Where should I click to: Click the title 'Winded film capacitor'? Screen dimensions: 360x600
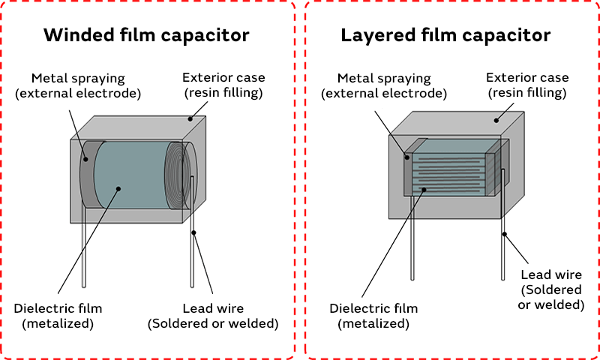pos(146,34)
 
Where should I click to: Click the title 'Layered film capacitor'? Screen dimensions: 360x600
pos(445,34)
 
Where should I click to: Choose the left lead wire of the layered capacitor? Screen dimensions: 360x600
pos(410,240)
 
